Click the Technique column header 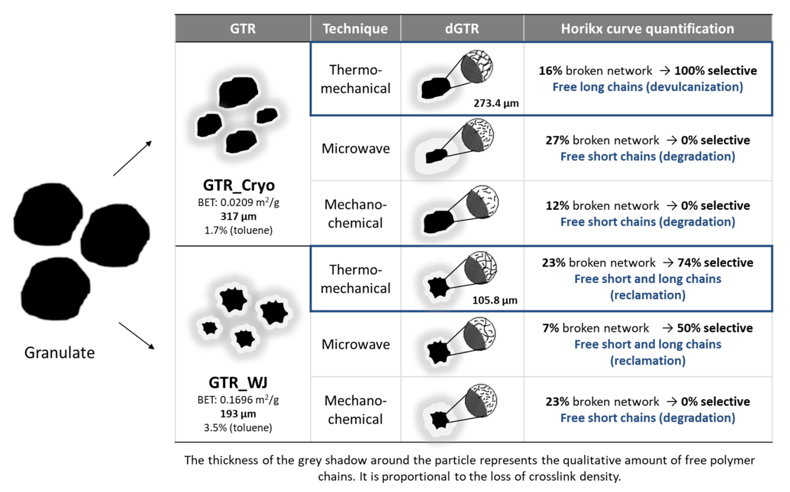[x=355, y=29]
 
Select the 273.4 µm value [x=496, y=103]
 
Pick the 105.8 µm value [x=495, y=300]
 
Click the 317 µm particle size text [x=238, y=216]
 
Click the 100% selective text [x=715, y=71]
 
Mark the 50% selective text [x=715, y=328]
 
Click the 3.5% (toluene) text [x=238, y=428]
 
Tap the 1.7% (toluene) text [x=238, y=230]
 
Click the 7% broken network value [x=596, y=328]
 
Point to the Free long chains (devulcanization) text [x=648, y=87]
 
